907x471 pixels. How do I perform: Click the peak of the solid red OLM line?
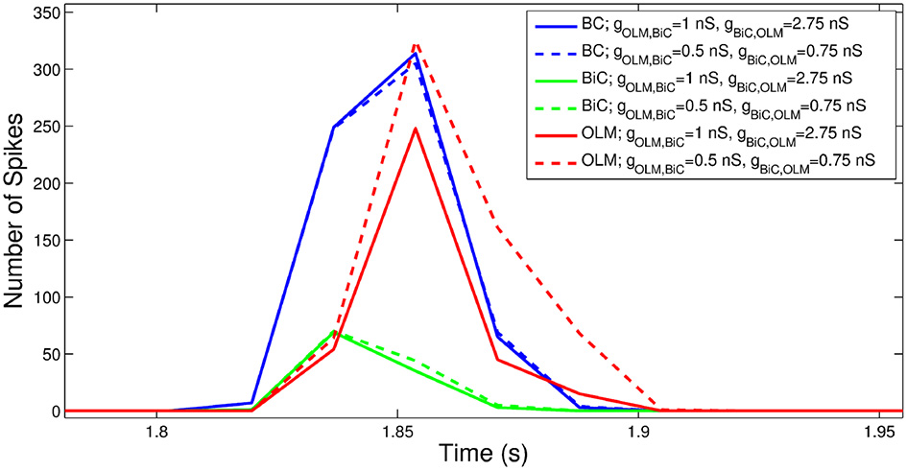click(415, 129)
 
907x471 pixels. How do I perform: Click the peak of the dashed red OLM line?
click(415, 43)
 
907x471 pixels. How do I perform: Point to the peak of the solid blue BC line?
click(415, 54)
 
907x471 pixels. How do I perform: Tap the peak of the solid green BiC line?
click(334, 332)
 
